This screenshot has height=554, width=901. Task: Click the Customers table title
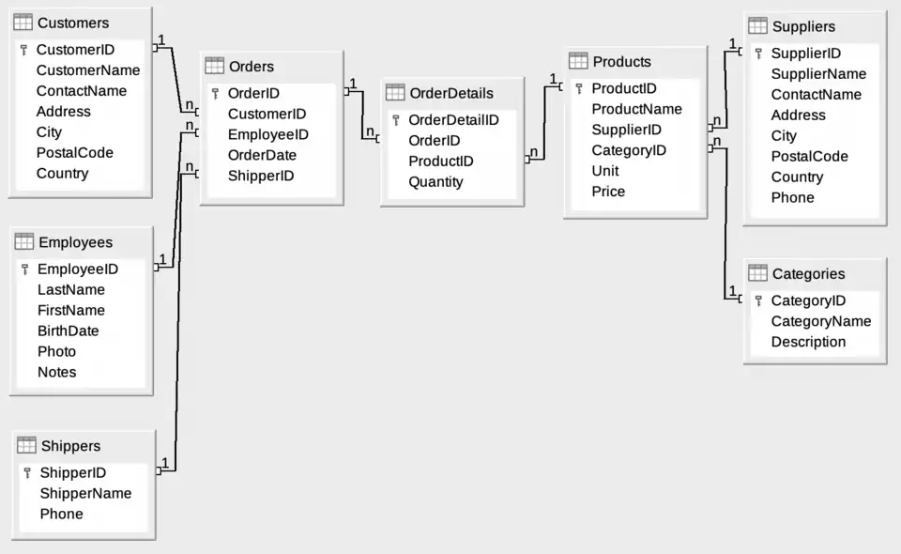[72, 23]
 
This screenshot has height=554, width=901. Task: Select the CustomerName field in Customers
[88, 70]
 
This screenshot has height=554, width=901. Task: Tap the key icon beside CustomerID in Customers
[24, 50]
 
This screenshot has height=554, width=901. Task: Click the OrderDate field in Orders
[262, 156]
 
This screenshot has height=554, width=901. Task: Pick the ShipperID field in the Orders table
[261, 177]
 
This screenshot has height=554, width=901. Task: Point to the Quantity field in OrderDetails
[435, 182]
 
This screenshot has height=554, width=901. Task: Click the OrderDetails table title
[451, 93]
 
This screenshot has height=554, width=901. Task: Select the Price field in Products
[608, 192]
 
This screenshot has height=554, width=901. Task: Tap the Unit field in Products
[605, 171]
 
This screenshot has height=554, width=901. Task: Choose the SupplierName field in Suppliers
[818, 74]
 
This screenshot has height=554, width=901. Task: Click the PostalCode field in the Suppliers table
[809, 157]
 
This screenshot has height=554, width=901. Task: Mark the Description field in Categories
[808, 342]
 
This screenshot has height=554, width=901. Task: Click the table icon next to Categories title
[757, 273]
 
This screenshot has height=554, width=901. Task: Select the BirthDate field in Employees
[68, 331]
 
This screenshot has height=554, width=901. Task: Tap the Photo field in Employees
[56, 352]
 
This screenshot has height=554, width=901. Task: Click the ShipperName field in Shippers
[85, 494]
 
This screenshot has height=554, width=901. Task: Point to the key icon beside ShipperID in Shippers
[26, 473]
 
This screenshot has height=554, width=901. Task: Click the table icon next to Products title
[578, 61]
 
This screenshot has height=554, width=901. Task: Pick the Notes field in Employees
[56, 373]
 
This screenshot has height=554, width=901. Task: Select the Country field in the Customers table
[62, 174]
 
